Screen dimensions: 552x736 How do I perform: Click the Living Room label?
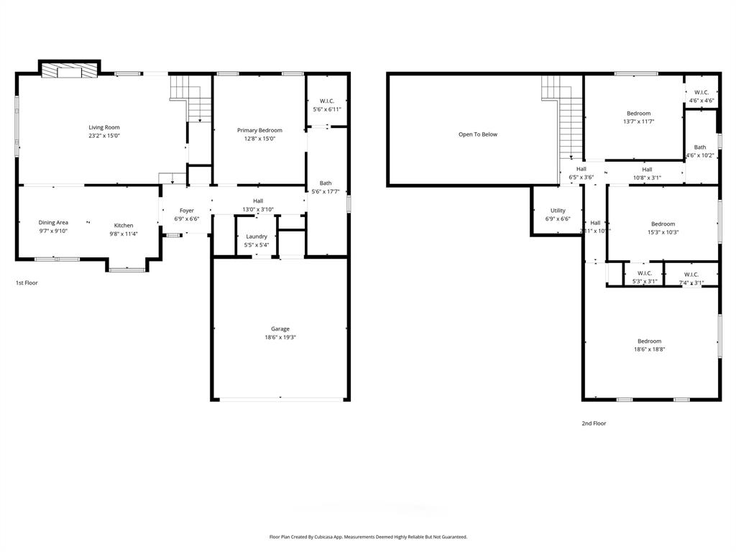click(103, 127)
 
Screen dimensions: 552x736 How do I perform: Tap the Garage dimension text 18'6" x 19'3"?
click(280, 337)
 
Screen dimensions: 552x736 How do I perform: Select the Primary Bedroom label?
click(259, 130)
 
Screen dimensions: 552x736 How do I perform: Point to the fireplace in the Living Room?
click(68, 70)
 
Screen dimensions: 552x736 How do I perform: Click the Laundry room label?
click(257, 236)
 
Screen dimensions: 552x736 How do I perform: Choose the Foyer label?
click(186, 211)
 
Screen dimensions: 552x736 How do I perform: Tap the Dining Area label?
click(53, 223)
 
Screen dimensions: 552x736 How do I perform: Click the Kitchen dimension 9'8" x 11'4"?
click(124, 234)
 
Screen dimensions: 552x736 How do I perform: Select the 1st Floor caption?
click(27, 283)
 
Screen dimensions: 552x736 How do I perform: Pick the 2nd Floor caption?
click(594, 423)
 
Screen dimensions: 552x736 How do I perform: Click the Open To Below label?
click(477, 134)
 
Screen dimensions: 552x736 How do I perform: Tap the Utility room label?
click(558, 211)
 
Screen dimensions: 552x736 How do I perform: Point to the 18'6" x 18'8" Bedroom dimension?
click(649, 349)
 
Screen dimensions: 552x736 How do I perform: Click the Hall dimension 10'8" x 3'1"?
click(647, 178)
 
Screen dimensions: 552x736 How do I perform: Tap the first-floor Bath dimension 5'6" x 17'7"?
click(326, 191)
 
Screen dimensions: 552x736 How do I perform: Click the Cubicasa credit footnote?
click(368, 537)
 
